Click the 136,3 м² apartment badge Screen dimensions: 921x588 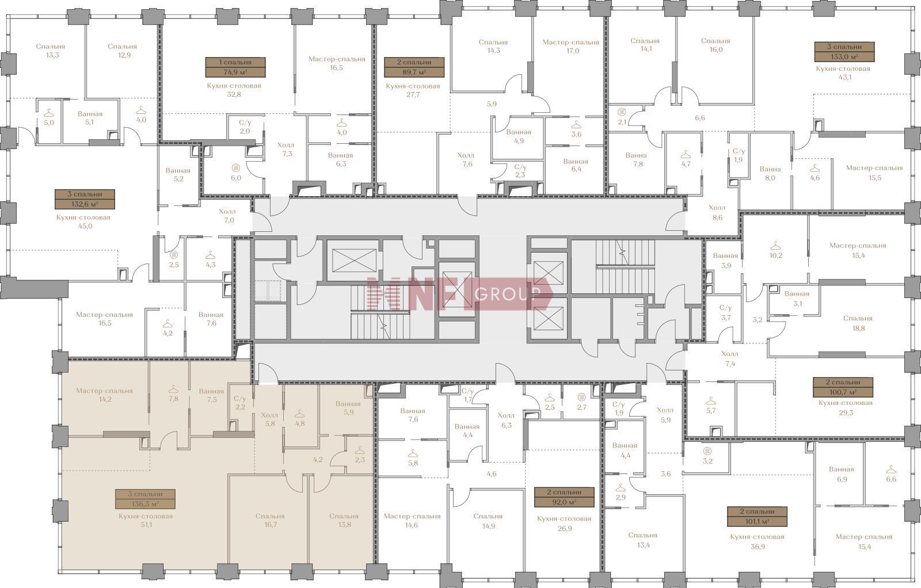(146, 499)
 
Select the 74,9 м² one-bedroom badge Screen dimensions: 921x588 (235, 67)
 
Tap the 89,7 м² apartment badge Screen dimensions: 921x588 (414, 67)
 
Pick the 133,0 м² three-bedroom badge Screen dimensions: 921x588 (844, 52)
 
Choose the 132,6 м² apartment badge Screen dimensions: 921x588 (85, 199)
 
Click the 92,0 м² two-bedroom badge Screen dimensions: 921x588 (564, 497)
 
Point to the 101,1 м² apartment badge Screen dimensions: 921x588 (758, 517)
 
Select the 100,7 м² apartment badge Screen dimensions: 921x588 (843, 387)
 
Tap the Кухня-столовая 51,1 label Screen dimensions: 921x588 (146, 520)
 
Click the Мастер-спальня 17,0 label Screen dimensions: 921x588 (570, 47)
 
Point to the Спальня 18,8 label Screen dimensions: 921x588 (858, 323)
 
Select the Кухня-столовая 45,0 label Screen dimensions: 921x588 (83, 222)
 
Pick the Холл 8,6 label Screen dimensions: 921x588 (717, 212)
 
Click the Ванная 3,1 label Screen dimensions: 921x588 (797, 299)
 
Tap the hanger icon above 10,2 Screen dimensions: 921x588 (776, 246)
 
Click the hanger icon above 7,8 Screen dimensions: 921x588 (173, 388)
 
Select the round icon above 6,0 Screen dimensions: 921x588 (236, 167)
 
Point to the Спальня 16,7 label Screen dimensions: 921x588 (270, 520)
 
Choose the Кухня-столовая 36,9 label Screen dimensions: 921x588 (758, 541)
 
